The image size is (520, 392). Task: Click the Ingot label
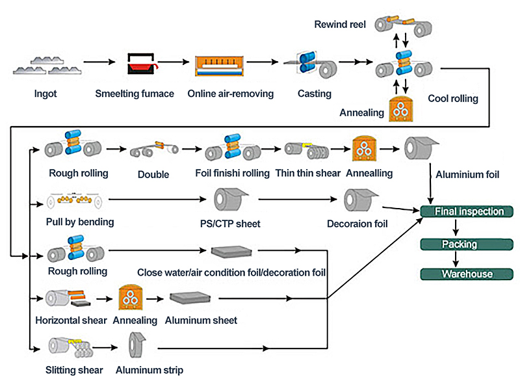point(45,94)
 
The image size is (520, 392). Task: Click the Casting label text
point(315,94)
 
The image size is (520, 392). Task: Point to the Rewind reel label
point(340,25)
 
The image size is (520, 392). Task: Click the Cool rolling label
point(453,99)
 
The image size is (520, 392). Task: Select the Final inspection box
point(467,211)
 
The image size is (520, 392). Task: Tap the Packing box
point(460,244)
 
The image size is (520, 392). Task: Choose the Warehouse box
point(467,274)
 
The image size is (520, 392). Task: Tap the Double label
point(153,174)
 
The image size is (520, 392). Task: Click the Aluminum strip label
point(149,371)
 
